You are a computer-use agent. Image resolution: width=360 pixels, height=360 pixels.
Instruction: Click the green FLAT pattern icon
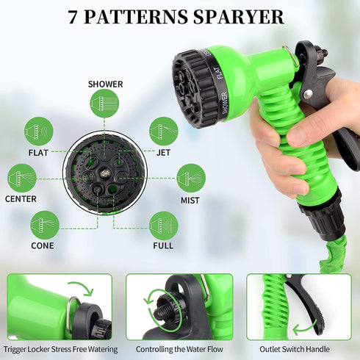click(x=38, y=132)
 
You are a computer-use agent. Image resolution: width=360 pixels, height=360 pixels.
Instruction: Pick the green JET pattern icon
click(x=163, y=132)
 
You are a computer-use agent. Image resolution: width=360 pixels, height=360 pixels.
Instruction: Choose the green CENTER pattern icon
click(x=22, y=178)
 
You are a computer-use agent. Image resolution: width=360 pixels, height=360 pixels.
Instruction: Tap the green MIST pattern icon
click(x=191, y=178)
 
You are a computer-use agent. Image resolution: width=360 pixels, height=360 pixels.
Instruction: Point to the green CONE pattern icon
click(x=46, y=225)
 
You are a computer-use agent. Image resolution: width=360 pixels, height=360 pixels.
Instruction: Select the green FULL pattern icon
click(x=163, y=225)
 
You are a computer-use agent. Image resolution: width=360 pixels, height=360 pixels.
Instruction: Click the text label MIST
click(x=191, y=199)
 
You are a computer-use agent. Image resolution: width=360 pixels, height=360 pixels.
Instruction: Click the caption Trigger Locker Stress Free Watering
click(x=60, y=349)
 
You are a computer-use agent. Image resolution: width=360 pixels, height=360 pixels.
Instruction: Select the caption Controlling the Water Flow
click(x=179, y=349)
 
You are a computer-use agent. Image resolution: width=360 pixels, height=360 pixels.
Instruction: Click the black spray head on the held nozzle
click(x=192, y=88)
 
